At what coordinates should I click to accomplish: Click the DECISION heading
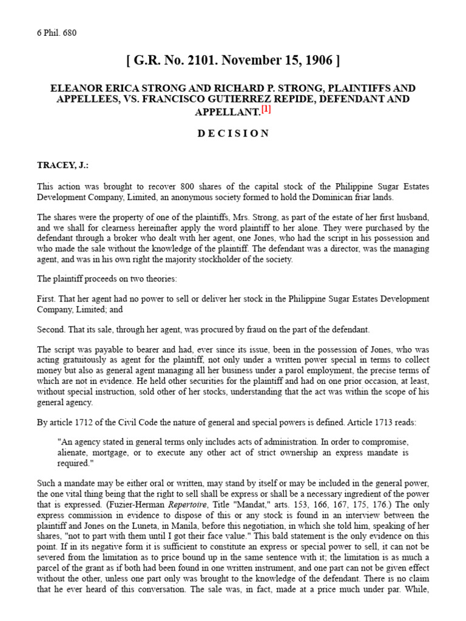click(x=233, y=133)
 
